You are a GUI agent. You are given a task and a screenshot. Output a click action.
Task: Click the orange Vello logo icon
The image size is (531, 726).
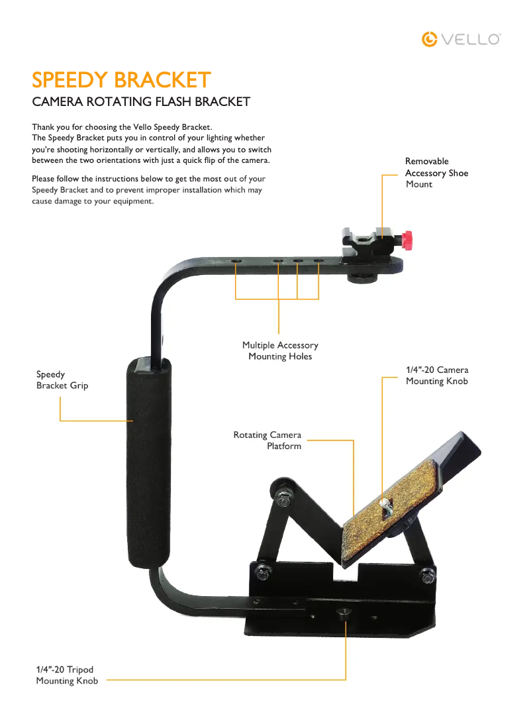click(429, 39)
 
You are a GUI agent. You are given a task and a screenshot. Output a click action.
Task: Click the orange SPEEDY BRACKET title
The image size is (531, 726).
click(121, 79)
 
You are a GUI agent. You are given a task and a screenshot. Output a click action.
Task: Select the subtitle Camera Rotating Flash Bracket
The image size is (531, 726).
click(141, 101)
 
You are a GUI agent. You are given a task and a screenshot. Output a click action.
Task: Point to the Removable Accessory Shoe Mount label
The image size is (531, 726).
click(436, 173)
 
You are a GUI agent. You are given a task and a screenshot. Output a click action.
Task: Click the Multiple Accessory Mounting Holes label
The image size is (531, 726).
click(280, 350)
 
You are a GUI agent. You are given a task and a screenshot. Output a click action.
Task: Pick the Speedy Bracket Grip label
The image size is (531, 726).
click(62, 380)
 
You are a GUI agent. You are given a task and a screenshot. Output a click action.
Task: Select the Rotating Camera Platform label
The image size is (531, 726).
click(267, 441)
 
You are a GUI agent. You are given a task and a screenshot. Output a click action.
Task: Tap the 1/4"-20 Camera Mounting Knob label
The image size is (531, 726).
click(437, 376)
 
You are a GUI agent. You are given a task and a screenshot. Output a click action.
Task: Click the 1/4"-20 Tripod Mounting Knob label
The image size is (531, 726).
click(67, 675)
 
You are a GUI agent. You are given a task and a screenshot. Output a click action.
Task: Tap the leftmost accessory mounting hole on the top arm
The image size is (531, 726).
click(236, 262)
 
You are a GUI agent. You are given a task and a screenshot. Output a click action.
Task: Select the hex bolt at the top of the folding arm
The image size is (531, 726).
click(283, 500)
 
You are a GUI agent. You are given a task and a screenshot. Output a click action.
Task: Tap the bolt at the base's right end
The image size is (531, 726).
click(427, 577)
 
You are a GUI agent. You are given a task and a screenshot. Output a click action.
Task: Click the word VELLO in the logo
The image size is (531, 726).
click(471, 39)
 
